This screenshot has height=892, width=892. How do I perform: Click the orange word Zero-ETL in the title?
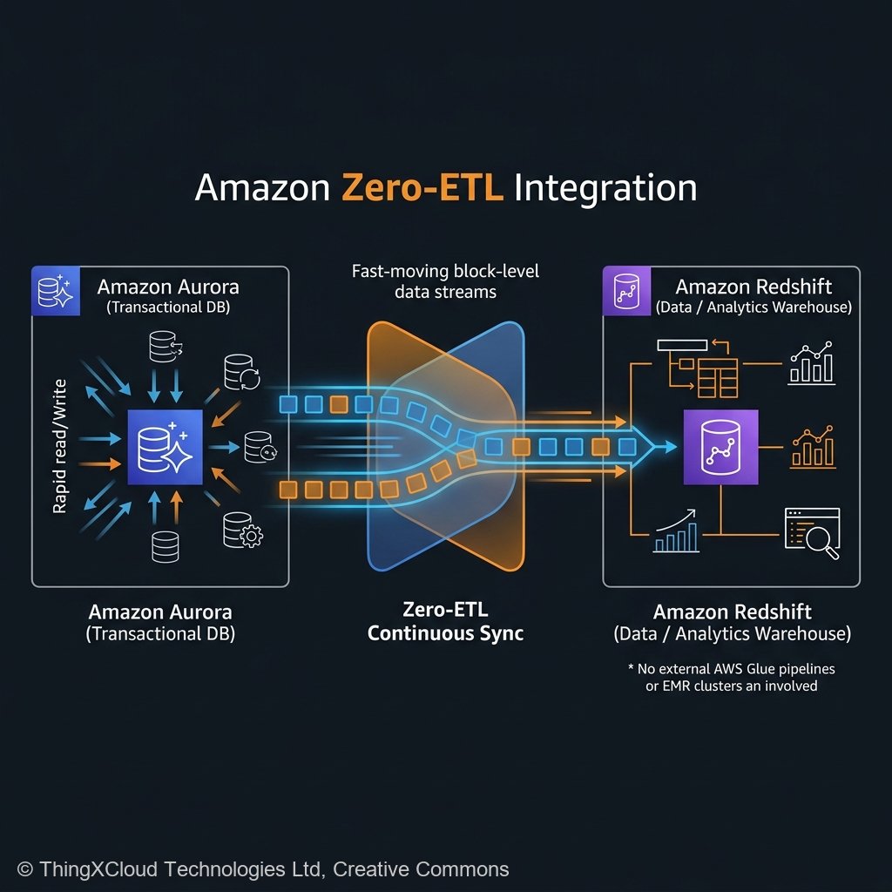tap(422, 188)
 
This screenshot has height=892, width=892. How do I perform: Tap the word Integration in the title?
tap(605, 188)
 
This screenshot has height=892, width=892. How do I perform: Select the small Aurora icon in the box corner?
tap(54, 289)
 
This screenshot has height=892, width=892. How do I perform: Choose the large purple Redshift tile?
tap(720, 446)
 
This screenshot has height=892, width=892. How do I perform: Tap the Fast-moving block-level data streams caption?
tap(445, 281)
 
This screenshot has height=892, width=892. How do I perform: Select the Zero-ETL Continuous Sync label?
tap(445, 621)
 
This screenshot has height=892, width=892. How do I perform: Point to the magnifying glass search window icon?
tap(812, 533)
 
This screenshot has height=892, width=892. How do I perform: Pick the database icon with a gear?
tap(242, 530)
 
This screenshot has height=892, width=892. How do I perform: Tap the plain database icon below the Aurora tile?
tap(165, 546)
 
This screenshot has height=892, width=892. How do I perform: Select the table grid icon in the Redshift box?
tap(717, 377)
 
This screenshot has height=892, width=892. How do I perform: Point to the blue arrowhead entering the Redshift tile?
tap(666, 446)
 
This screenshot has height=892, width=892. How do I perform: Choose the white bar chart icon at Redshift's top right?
tap(811, 364)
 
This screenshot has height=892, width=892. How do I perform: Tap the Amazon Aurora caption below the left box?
tap(160, 622)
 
